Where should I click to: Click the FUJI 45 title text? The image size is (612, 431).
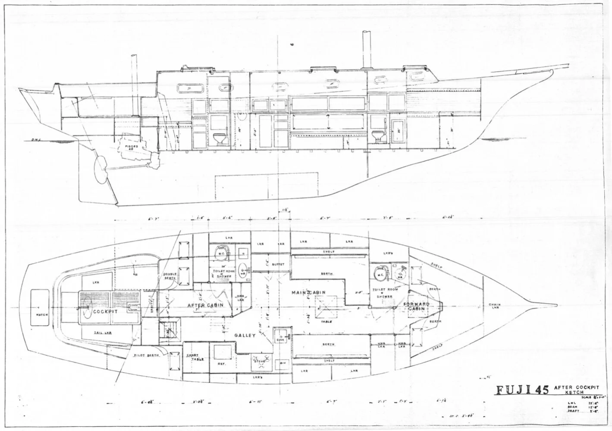[x=521, y=390]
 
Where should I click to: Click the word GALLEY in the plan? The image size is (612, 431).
[x=245, y=335]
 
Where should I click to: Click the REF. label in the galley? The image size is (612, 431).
[x=223, y=364]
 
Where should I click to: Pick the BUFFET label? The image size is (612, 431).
[x=278, y=264]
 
